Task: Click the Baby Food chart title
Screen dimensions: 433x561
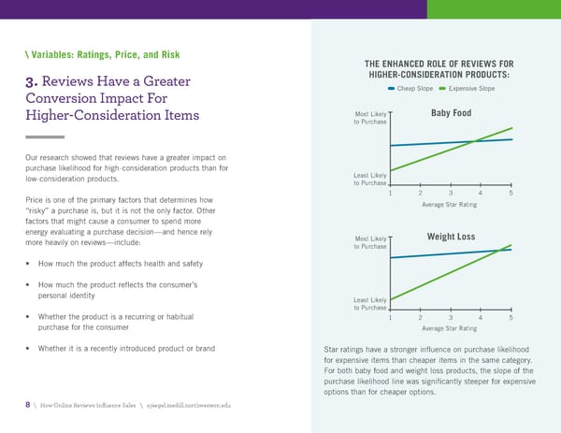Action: click(451, 114)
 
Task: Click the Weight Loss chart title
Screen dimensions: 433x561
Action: click(451, 236)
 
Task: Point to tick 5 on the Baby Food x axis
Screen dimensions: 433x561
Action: click(511, 193)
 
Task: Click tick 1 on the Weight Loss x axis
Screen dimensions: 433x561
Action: click(390, 318)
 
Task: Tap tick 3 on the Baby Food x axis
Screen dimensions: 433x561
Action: click(451, 193)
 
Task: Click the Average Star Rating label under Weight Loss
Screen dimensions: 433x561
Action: click(450, 329)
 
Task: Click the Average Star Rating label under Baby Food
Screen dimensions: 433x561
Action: click(450, 205)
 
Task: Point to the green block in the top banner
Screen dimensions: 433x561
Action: click(494, 9)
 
